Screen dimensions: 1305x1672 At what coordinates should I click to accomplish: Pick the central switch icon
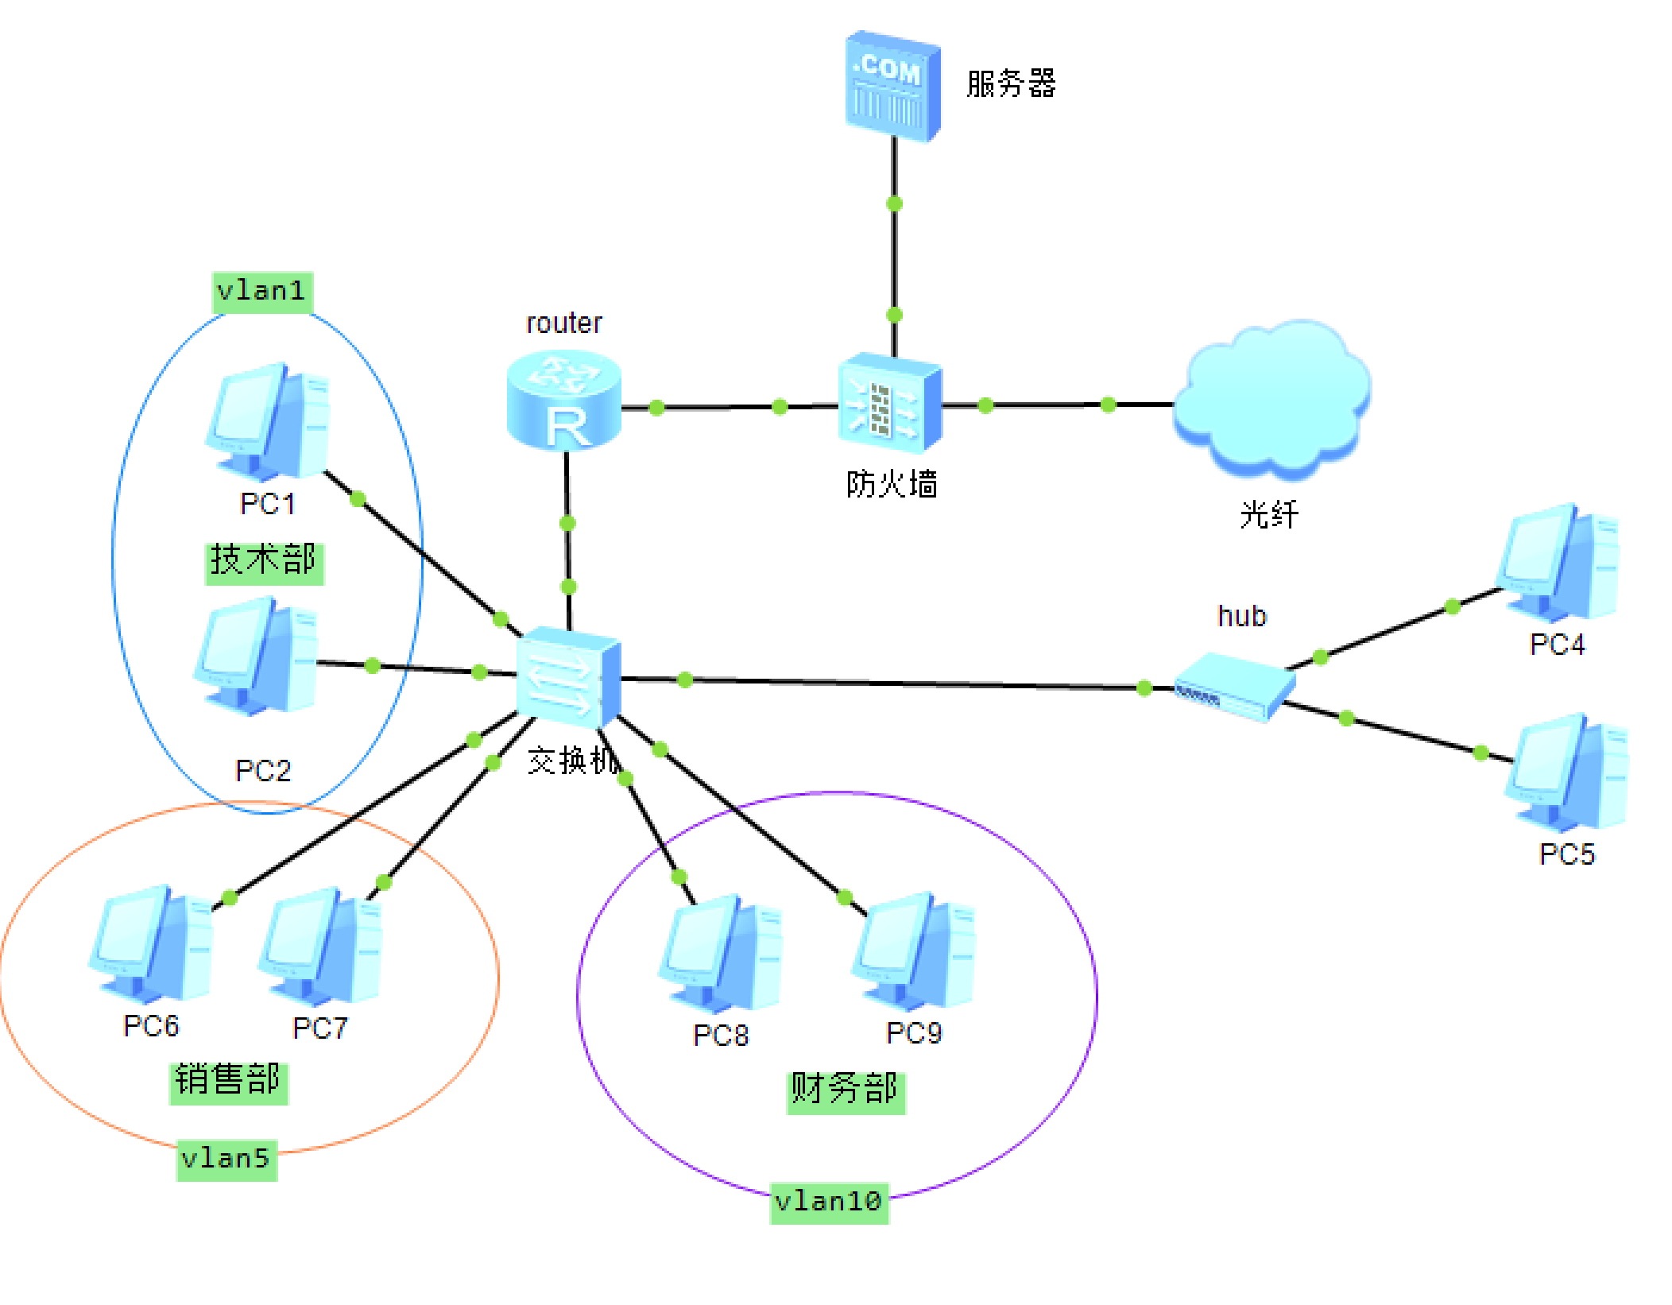coord(567,677)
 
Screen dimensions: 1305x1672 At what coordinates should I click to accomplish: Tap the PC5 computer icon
coord(1567,773)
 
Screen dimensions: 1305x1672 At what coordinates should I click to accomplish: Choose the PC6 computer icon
coord(151,945)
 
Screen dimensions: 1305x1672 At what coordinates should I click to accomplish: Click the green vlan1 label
coord(262,292)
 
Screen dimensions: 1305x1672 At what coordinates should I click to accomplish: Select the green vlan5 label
coord(226,1159)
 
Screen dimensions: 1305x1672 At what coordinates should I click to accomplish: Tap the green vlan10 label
coord(828,1202)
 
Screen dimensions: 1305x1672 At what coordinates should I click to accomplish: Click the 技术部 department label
coord(264,561)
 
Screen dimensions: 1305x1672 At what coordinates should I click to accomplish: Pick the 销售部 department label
coord(228,1081)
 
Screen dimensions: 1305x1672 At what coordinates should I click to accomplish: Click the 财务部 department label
coord(845,1090)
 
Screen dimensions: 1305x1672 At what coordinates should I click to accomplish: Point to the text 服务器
coord(1010,84)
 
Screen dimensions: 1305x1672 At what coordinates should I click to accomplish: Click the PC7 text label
coord(319,1028)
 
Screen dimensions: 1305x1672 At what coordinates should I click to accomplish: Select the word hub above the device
coord(1241,617)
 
